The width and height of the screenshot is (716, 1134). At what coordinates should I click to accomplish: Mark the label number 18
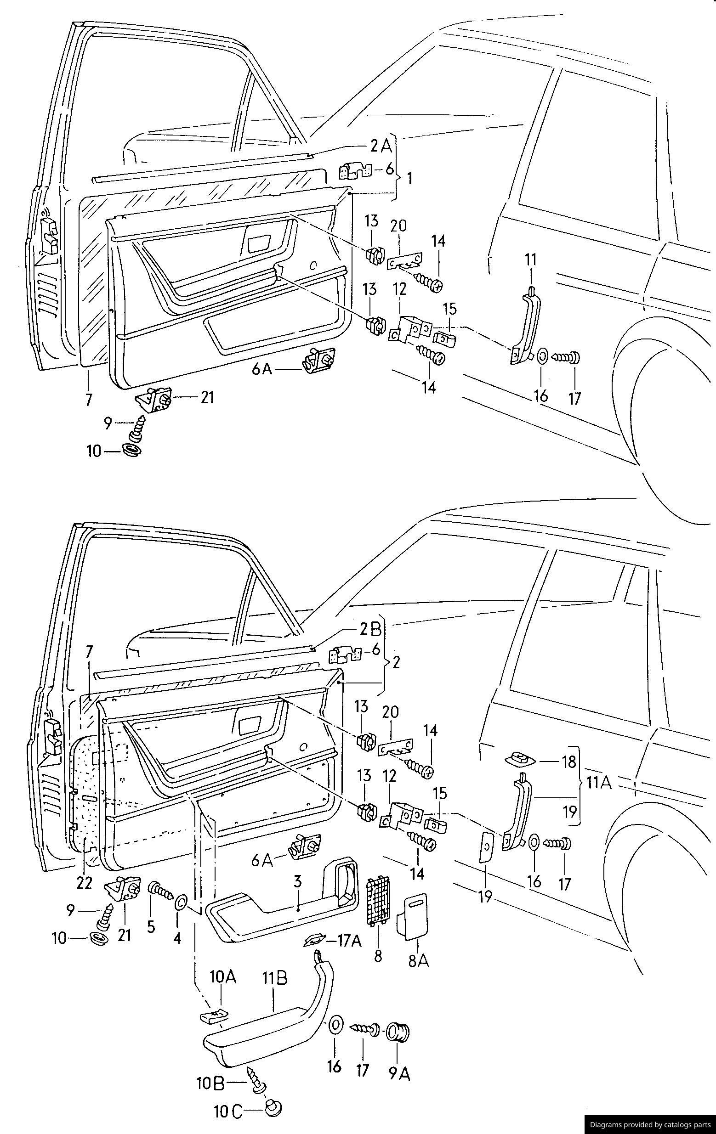pyautogui.click(x=568, y=761)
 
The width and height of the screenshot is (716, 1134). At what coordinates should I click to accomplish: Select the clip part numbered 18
pyautogui.click(x=520, y=759)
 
